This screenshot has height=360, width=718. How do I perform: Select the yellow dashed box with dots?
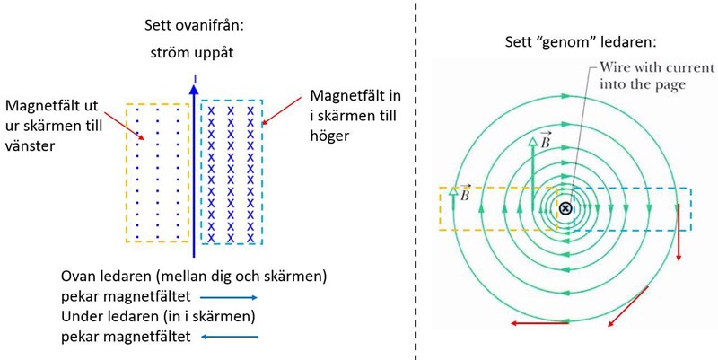[x=158, y=172]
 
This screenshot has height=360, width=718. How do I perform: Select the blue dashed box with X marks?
[x=231, y=172]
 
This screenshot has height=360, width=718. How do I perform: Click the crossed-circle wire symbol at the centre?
[x=565, y=208]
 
